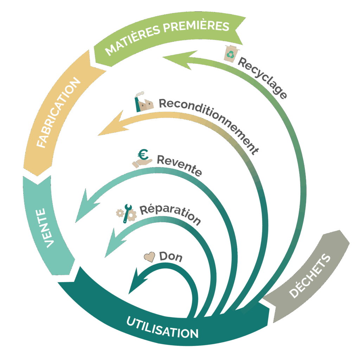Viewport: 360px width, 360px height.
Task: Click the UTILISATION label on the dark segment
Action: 162,327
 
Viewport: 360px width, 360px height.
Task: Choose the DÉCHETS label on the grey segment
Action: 310,276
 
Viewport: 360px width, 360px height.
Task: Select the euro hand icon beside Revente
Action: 142,158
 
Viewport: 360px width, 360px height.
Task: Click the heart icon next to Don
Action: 150,257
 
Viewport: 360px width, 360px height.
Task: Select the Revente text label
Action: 179,165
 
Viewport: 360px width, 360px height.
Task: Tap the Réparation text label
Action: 171,214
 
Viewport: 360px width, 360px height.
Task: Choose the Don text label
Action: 171,257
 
